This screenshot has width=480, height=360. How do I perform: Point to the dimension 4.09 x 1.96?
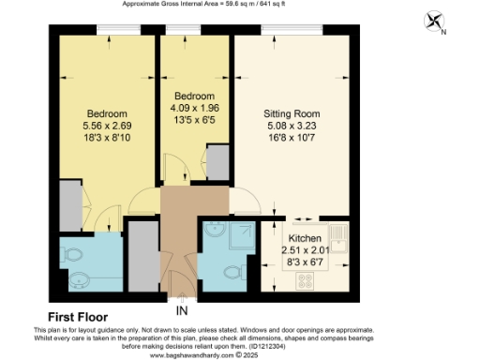[194, 109]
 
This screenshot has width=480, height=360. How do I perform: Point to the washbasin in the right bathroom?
[214, 229]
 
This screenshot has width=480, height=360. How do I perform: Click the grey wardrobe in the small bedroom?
[217, 163]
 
